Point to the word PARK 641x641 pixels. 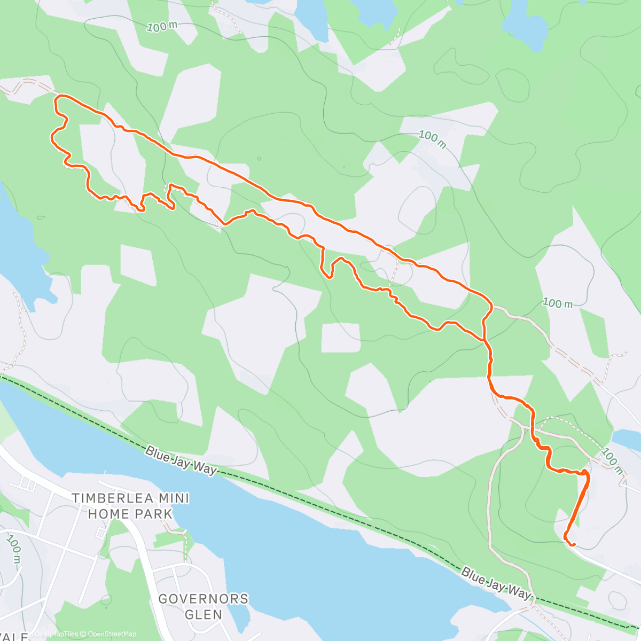click(153, 514)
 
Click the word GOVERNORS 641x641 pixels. click(204, 599)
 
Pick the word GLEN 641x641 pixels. click(204, 614)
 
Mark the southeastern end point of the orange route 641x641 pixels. click(573, 545)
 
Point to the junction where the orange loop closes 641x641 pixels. click(484, 339)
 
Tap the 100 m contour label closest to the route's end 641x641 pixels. click(612, 461)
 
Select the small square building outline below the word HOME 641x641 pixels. click(100, 533)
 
